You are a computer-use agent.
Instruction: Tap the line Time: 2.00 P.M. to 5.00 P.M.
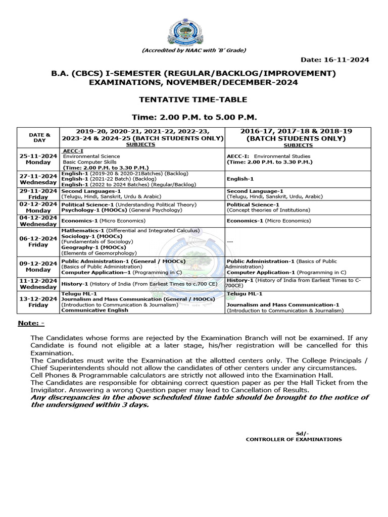(193, 117)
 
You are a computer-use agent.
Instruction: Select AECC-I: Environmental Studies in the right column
(269, 157)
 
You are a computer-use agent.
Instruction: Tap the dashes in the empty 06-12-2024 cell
(230, 242)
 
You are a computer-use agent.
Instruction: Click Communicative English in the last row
(94, 311)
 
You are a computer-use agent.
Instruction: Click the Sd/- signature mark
(301, 433)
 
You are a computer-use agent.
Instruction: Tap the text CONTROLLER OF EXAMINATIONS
(294, 439)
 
